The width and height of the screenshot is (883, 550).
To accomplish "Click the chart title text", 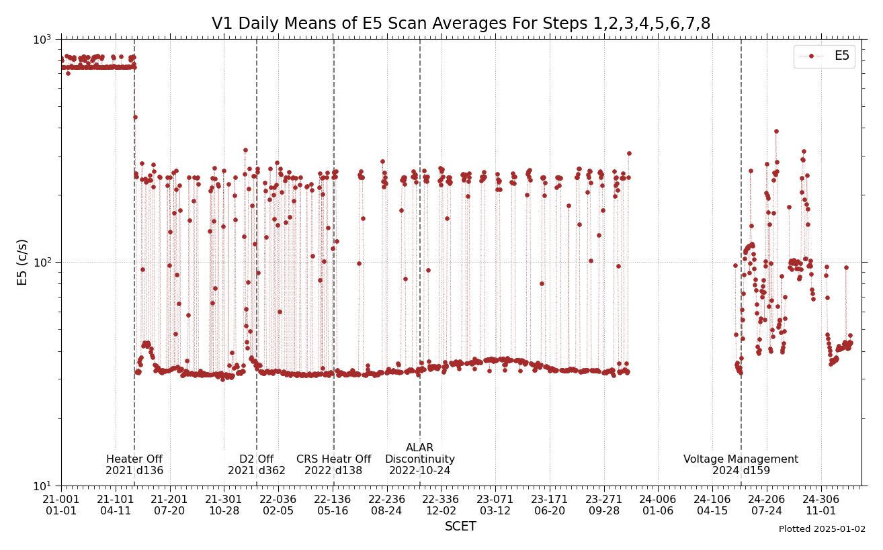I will tap(461, 24).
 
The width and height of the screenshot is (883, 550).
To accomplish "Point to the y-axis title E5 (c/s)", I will tap(23, 262).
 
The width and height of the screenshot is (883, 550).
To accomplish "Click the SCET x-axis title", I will tap(461, 527).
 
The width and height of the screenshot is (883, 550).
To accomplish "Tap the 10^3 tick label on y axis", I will tap(43, 39).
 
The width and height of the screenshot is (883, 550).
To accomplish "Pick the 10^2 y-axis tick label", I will tap(43, 263).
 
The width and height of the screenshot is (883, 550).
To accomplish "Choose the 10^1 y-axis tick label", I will tap(43, 486).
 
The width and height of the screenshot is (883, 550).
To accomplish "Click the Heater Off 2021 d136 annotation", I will tap(134, 465).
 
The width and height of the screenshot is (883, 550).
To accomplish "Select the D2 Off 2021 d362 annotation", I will tap(257, 465).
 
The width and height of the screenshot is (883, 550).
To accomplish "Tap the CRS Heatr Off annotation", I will tap(333, 465).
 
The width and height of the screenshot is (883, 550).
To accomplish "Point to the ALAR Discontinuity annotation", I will tap(420, 459).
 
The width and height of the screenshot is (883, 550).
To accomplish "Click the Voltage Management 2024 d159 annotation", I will tap(741, 465).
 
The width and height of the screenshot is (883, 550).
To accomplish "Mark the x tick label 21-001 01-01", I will tap(61, 505).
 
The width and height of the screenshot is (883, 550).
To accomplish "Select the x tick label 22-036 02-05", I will tap(278, 505).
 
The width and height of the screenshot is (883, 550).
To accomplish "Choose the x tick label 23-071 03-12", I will tap(495, 505).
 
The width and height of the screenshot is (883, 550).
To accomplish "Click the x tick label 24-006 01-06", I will tap(658, 505).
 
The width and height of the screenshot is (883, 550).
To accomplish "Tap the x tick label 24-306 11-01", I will tap(821, 505).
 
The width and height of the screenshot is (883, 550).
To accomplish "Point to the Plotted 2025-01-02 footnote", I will tap(822, 529).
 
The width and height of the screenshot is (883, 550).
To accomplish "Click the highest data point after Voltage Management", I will tap(776, 132).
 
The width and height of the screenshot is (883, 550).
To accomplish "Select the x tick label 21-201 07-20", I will tap(169, 505).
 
